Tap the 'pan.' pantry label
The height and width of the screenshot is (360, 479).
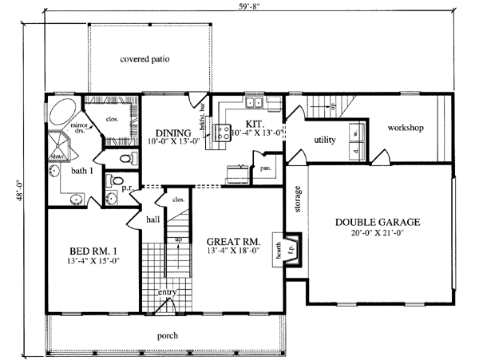[263, 168]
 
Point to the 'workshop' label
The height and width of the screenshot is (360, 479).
[406, 128]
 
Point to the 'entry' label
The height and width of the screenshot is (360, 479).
[166, 292]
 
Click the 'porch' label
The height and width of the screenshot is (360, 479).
[168, 335]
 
